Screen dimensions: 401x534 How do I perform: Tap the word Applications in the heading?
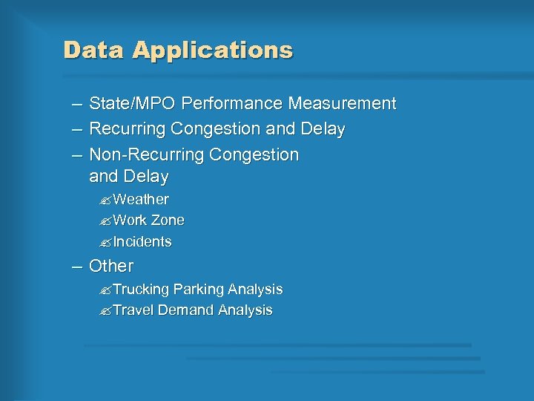[x=213, y=50]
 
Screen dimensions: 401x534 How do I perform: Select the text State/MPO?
[x=132, y=104]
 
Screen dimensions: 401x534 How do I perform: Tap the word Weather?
[x=141, y=200]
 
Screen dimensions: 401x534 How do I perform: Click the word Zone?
[x=168, y=221]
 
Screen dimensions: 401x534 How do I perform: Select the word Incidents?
[x=142, y=242]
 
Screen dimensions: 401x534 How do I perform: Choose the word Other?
[x=111, y=266]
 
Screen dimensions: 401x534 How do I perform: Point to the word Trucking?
[x=141, y=289]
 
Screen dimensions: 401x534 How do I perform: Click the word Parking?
[x=198, y=289]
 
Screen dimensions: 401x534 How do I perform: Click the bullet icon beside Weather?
[x=105, y=200]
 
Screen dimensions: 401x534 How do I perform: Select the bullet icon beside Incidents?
[x=105, y=243]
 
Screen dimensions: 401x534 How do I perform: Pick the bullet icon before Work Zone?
[x=105, y=221]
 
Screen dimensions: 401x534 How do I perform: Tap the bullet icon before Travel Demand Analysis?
[x=105, y=311]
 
